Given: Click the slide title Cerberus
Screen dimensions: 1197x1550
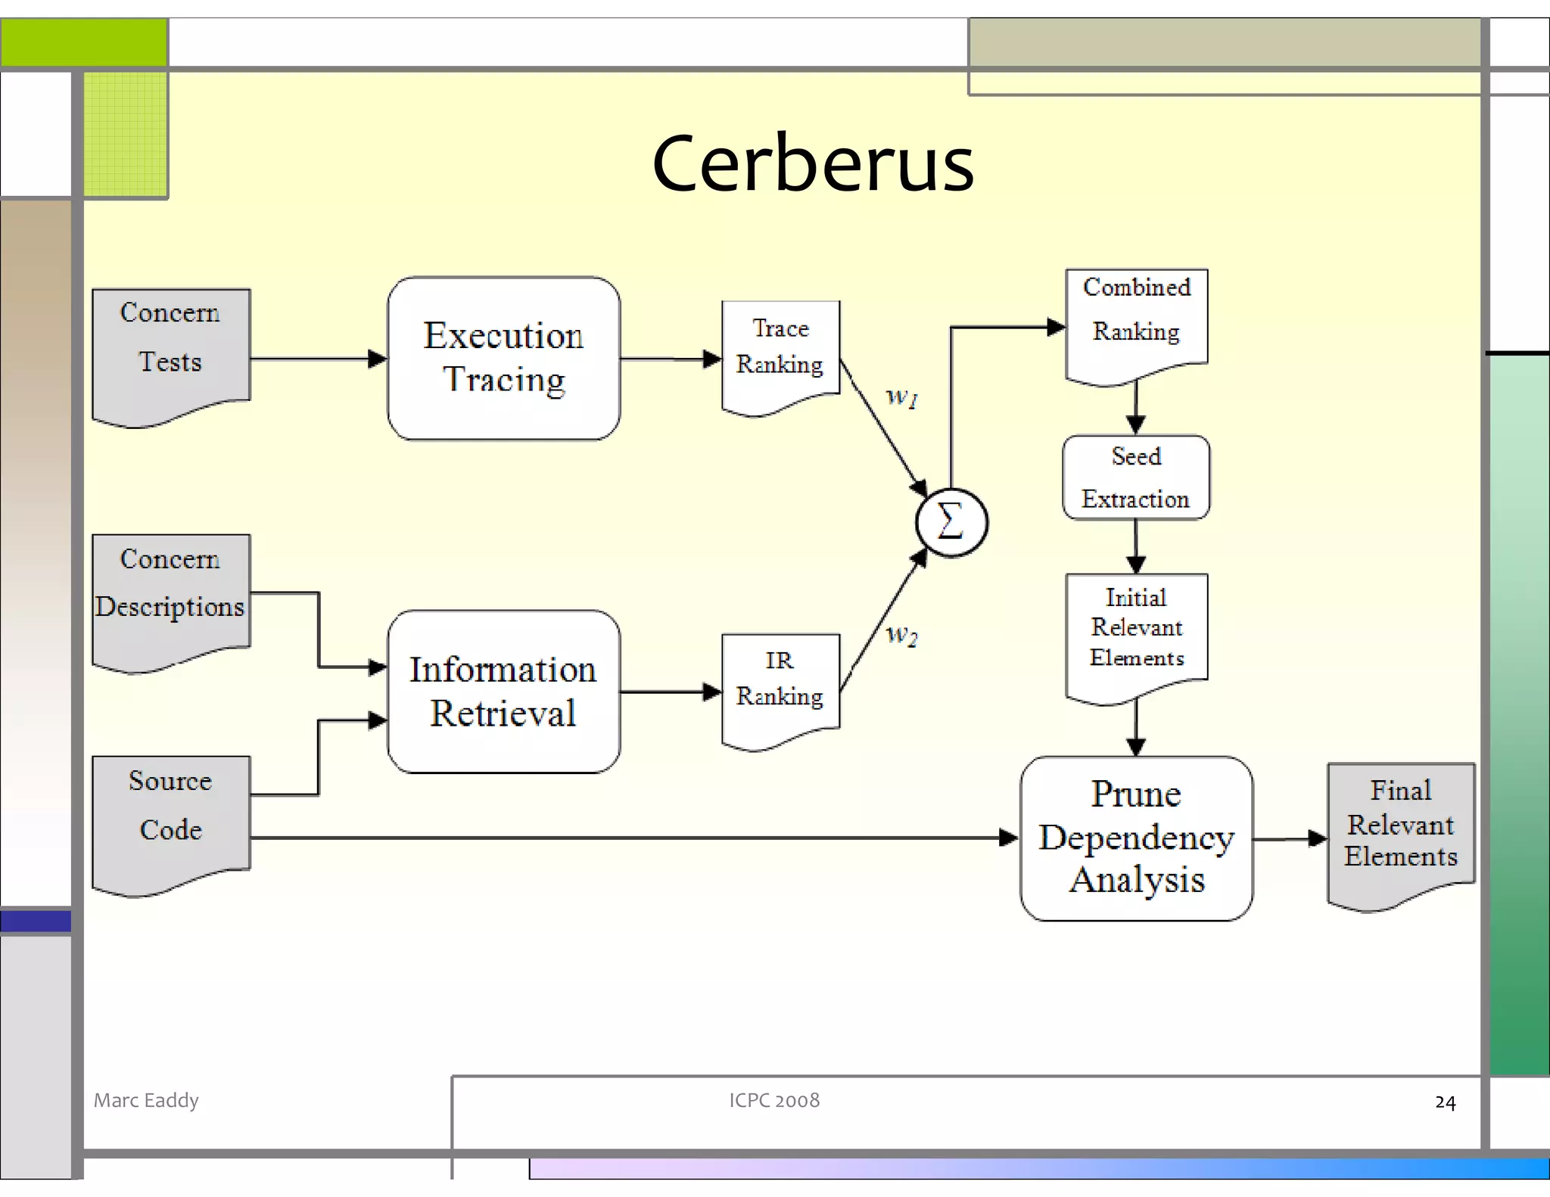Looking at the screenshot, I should point(813,163).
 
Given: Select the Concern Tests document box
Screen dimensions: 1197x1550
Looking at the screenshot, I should point(171,352).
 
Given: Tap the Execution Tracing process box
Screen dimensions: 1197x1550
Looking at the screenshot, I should point(503,358).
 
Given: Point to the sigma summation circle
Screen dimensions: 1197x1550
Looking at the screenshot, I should point(951,523).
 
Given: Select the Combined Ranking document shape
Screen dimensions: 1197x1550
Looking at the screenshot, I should point(1136,322).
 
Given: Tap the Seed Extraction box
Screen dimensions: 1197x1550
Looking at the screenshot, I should point(1136,477).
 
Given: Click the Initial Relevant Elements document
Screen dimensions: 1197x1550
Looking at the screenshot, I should point(1136,632).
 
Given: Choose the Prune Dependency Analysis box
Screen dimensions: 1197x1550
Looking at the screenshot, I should point(1136,838).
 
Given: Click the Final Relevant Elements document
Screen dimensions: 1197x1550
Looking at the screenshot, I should point(1401,829).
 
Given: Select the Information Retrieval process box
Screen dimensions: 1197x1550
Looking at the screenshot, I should point(503,692).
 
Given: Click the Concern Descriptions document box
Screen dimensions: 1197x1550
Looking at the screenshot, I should point(171,594).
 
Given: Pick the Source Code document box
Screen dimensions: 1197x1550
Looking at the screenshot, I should point(171,817).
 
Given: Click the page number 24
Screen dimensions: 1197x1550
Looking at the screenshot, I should point(1445,1102).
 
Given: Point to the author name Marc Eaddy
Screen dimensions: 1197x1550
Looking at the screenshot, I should point(146,1100).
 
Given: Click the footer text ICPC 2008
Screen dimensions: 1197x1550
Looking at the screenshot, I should point(774,1100).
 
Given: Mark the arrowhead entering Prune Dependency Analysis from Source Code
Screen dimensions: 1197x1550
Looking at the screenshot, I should point(1008,838).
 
